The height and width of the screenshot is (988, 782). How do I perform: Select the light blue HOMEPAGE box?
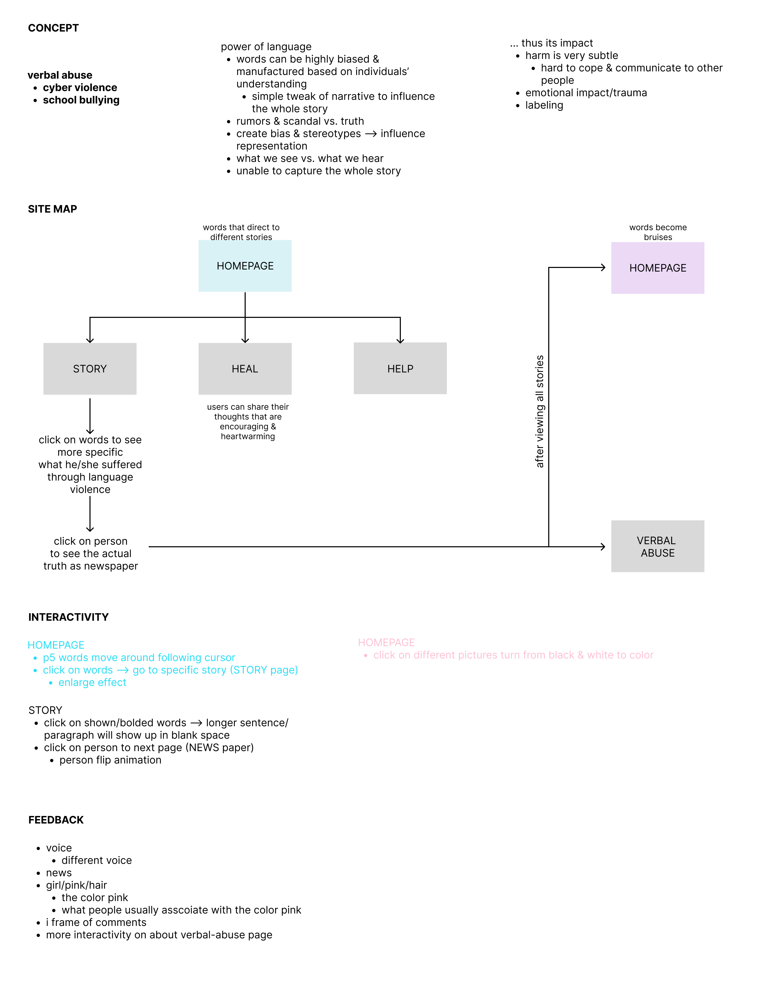pos(245,266)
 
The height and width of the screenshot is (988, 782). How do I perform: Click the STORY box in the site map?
pos(90,369)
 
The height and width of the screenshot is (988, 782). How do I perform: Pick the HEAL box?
pos(245,369)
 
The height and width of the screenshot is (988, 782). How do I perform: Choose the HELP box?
pos(400,369)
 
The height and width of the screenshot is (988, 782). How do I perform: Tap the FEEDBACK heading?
pos(56,820)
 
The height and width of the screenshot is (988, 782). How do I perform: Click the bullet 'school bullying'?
pos(81,100)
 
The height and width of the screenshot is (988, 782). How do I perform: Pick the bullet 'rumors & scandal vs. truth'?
pos(300,121)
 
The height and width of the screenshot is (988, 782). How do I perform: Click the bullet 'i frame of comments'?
pos(96,922)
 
